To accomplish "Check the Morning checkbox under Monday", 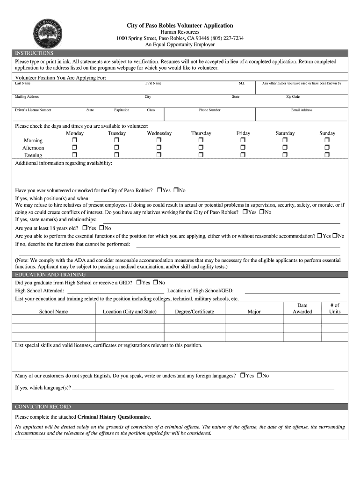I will [74, 140].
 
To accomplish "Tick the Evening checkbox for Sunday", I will [327, 155].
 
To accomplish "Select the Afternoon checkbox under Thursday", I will [201, 148].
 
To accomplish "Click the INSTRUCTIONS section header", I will [34, 53].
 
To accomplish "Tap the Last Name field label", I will [23, 83].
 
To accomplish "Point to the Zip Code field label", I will [293, 97].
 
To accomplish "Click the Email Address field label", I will [302, 110].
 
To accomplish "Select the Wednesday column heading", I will [159, 133].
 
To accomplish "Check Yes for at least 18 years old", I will [85, 228].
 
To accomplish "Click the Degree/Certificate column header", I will [194, 312].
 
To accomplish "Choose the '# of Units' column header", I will [335, 308].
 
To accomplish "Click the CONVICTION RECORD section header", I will [43, 406].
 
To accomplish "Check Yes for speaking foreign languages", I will [243, 375].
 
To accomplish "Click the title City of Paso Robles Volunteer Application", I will [180, 25].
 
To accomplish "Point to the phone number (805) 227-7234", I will [228, 38].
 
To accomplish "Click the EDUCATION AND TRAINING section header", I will [50, 275].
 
